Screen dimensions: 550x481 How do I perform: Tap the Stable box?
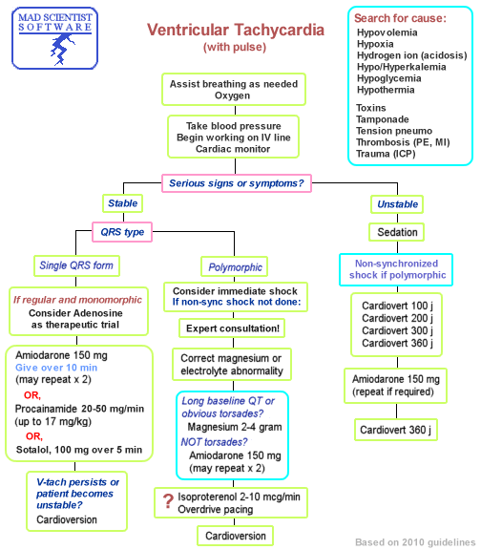click(123, 203)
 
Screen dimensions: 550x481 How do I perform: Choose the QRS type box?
click(123, 231)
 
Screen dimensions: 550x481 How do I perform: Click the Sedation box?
click(397, 232)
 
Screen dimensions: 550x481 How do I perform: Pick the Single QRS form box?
click(75, 264)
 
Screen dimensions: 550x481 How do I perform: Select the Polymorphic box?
click(234, 266)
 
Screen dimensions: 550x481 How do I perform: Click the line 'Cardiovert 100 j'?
click(398, 307)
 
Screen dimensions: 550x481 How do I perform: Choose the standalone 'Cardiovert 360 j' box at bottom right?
click(397, 430)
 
